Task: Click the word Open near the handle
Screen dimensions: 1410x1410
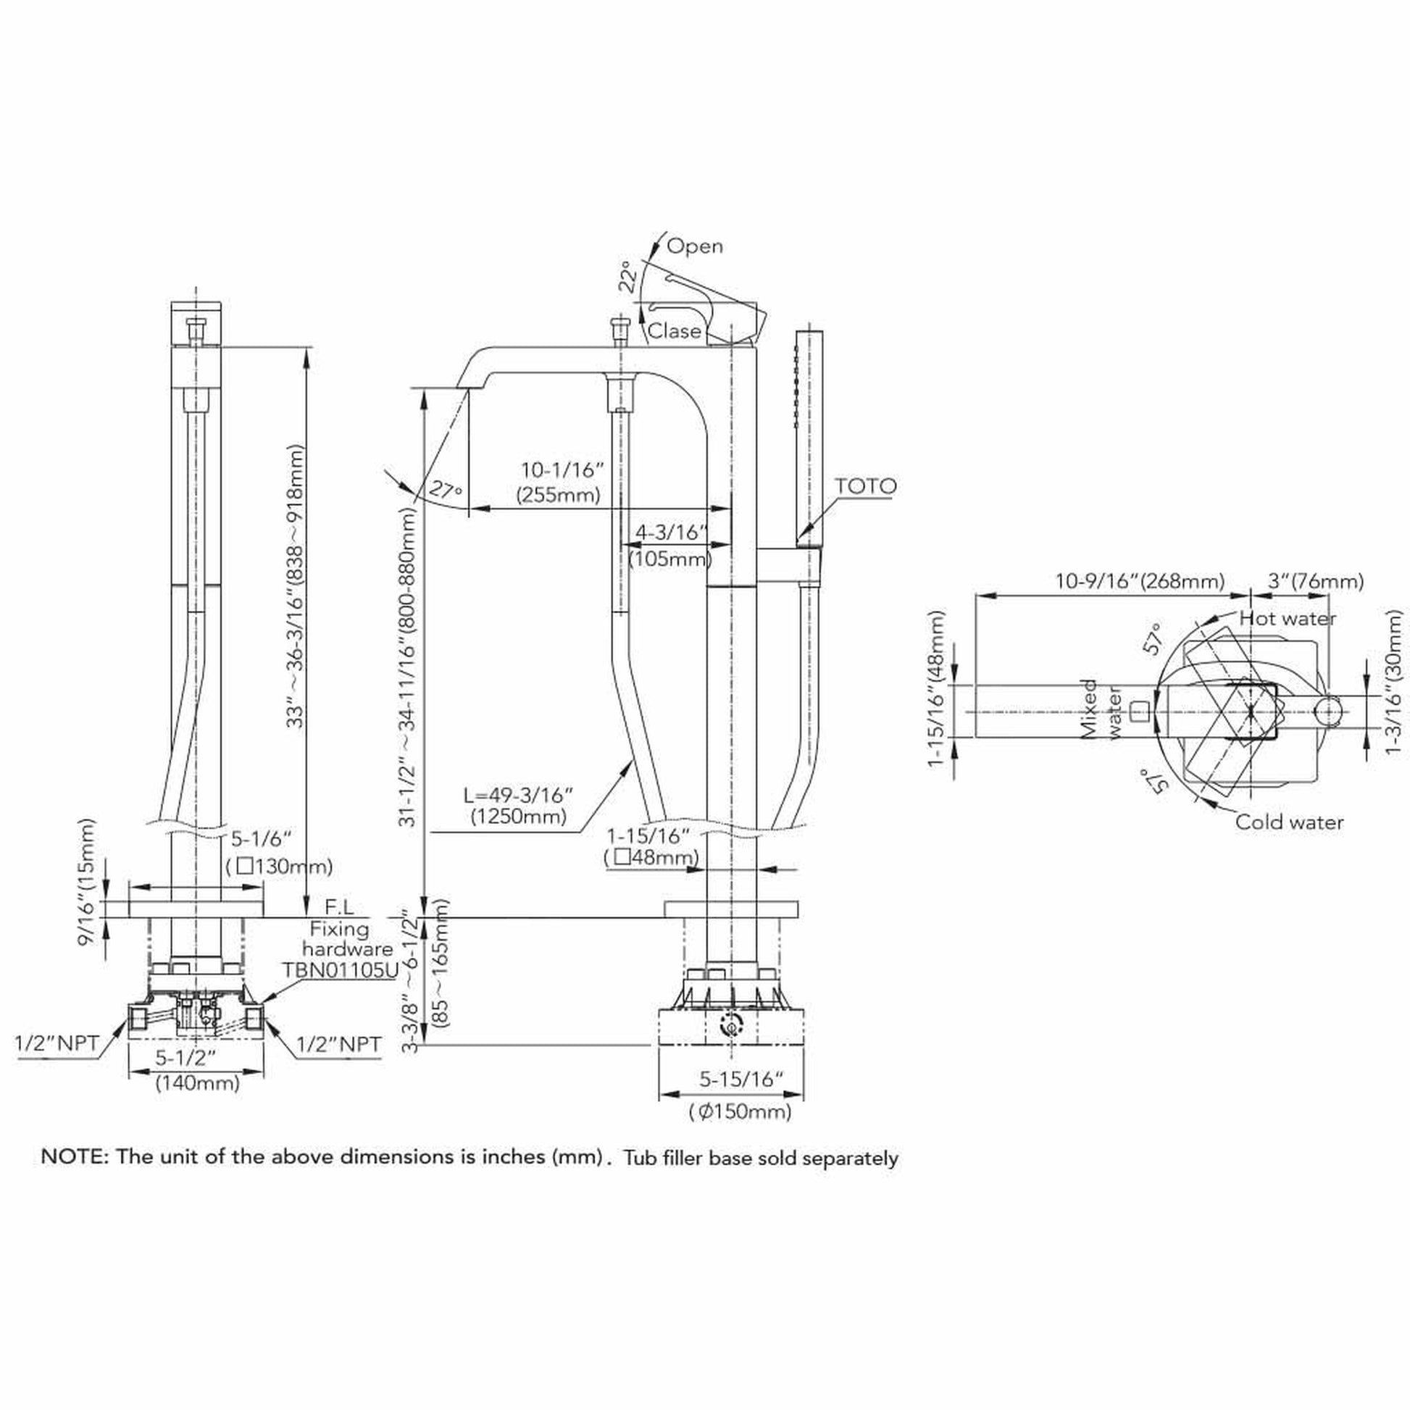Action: point(695,246)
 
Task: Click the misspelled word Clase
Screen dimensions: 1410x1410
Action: point(674,331)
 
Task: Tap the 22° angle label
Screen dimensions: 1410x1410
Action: point(628,277)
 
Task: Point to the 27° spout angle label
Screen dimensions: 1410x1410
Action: point(445,490)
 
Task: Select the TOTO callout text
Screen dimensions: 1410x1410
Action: point(866,486)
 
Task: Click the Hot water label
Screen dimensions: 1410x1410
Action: point(1288,619)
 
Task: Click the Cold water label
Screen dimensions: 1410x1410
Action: point(1289,822)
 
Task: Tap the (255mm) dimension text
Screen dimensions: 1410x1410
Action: point(559,496)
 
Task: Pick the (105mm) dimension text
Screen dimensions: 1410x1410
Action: point(670,560)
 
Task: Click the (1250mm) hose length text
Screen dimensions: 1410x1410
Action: point(518,817)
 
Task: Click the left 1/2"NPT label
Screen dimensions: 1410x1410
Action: point(57,1043)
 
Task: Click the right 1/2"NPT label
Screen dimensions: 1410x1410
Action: point(338,1045)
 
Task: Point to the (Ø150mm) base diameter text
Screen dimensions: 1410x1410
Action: point(740,1111)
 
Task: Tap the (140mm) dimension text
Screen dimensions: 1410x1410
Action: point(197,1084)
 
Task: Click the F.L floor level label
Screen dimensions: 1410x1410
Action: point(339,907)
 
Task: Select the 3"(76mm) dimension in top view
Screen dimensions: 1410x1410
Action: point(1316,582)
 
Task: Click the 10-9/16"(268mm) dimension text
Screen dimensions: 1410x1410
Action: point(1140,582)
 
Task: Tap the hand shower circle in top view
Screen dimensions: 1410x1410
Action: point(1328,712)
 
